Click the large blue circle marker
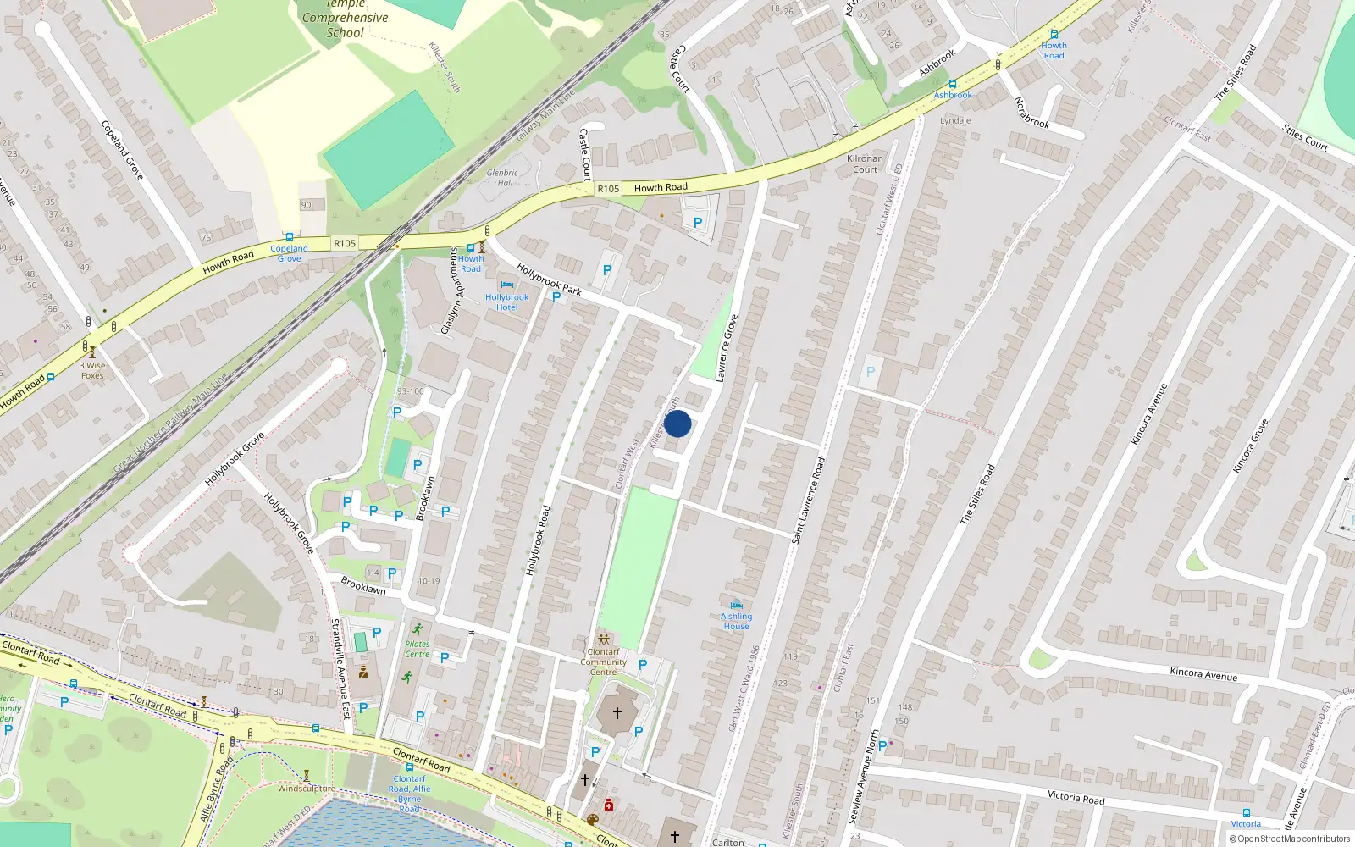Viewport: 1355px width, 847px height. point(677,423)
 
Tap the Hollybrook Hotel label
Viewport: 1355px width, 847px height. point(506,302)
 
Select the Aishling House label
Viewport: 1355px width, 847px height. point(736,621)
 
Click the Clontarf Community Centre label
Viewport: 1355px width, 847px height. point(603,662)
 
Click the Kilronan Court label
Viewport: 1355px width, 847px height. point(865,163)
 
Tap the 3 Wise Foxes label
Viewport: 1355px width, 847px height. point(93,370)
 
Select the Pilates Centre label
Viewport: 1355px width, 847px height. point(417,649)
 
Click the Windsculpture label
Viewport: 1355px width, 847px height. point(307,789)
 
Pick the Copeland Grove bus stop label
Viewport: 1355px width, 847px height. point(289,253)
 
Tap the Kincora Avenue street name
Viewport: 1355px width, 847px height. point(1203,673)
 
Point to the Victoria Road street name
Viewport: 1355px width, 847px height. point(1076,797)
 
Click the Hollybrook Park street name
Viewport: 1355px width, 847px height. point(549,280)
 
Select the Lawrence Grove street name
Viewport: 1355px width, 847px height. point(727,348)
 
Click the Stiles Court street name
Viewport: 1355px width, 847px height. point(1305,137)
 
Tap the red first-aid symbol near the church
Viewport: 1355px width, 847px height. point(608,805)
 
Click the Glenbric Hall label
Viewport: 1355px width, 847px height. point(502,177)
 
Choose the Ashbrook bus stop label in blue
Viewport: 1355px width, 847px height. point(953,95)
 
